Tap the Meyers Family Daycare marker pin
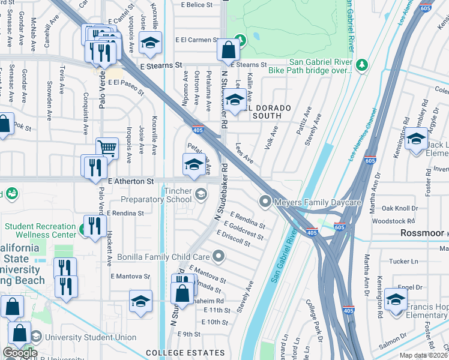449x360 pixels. tap(265, 202)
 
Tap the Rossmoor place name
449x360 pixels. tap(423, 233)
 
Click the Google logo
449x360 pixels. tap(20, 353)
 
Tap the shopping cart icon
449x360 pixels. tap(107, 148)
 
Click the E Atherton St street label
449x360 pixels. tap(131, 181)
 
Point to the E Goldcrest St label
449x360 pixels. tap(243, 230)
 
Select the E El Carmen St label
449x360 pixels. tap(196, 40)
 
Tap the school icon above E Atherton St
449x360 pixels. tap(193, 165)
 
